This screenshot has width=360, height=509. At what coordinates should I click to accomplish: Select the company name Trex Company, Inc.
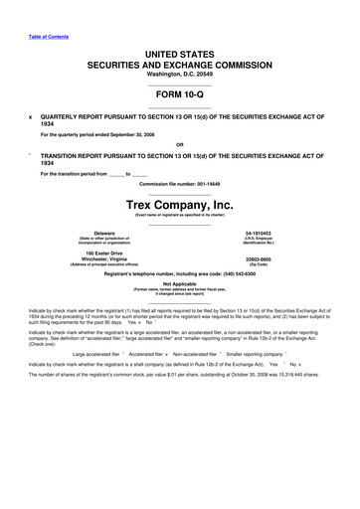pyautogui.click(x=179, y=205)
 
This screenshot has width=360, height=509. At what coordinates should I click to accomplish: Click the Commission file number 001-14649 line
pyautogui.click(x=179, y=185)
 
